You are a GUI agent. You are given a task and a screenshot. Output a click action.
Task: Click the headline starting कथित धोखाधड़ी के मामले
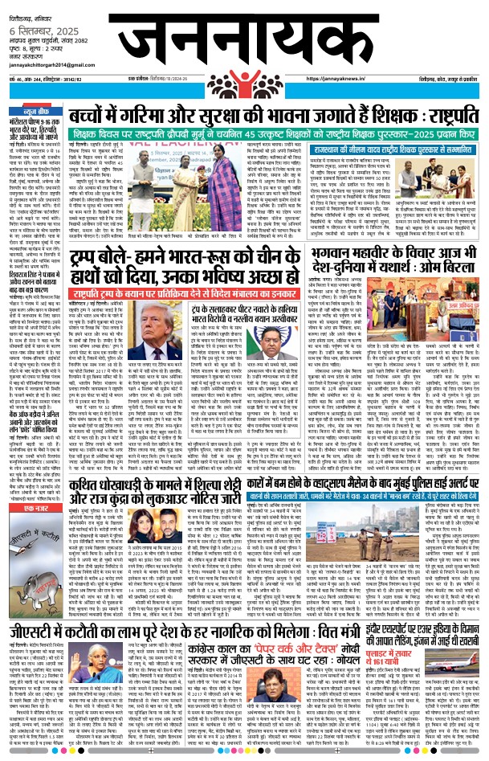(145, 474)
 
